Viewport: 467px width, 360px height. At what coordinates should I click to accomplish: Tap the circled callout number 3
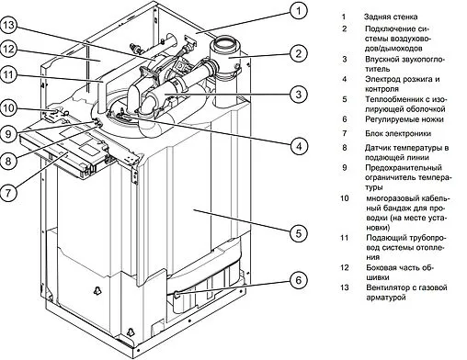click(300, 95)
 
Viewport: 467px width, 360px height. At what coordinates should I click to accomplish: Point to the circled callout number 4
click(300, 145)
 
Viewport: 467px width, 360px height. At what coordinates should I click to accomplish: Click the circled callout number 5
click(300, 233)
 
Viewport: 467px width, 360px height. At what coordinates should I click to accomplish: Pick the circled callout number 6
click(300, 280)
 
